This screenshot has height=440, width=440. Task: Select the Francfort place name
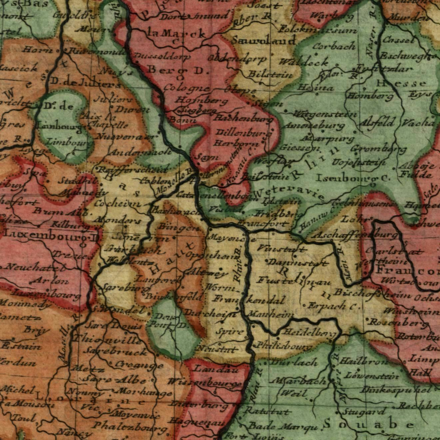(x=263, y=223)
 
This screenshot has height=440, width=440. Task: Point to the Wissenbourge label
(x=205, y=382)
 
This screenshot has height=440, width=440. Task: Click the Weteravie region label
(x=288, y=194)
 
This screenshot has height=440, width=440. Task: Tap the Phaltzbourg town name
(x=129, y=426)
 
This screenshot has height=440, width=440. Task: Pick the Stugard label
(x=364, y=412)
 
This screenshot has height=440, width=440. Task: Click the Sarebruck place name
(x=115, y=352)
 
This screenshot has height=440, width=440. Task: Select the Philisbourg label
(x=284, y=346)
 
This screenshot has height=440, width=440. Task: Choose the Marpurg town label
(x=328, y=138)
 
